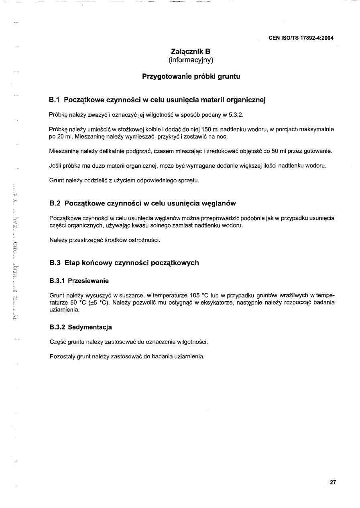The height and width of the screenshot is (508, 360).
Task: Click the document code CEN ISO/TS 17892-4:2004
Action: click(x=301, y=38)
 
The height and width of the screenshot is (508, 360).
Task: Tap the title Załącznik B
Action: click(x=191, y=51)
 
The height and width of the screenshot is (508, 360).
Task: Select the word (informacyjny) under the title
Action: click(x=191, y=60)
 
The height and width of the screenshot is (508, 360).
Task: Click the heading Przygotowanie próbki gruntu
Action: click(x=191, y=76)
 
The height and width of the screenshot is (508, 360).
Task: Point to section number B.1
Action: click(x=54, y=100)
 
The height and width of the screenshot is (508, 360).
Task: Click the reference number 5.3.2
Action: click(x=236, y=115)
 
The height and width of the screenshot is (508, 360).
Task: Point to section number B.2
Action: click(x=54, y=203)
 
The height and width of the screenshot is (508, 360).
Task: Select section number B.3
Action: click(x=54, y=263)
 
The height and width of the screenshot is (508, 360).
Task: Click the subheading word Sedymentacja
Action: click(x=89, y=327)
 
